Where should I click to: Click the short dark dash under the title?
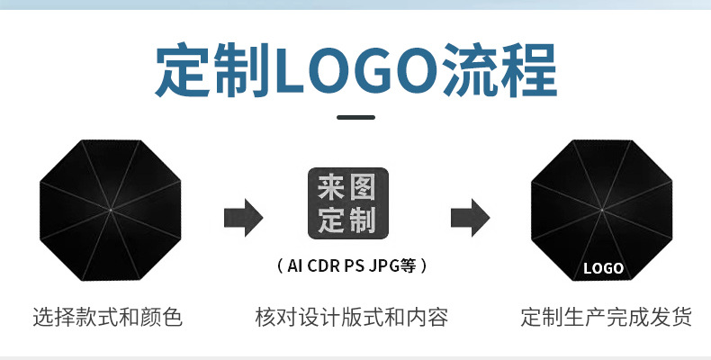[355, 117]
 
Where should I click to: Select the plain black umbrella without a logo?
[110, 210]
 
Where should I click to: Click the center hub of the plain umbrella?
[110, 211]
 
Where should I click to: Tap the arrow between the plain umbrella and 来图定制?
[243, 216]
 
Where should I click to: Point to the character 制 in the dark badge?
[362, 219]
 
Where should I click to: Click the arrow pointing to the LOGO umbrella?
[470, 216]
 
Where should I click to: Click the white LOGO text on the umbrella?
[603, 268]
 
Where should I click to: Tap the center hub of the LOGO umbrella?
[601, 211]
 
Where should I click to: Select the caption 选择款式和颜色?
[107, 317]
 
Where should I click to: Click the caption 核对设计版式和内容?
[352, 317]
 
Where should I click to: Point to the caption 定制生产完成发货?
[607, 317]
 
